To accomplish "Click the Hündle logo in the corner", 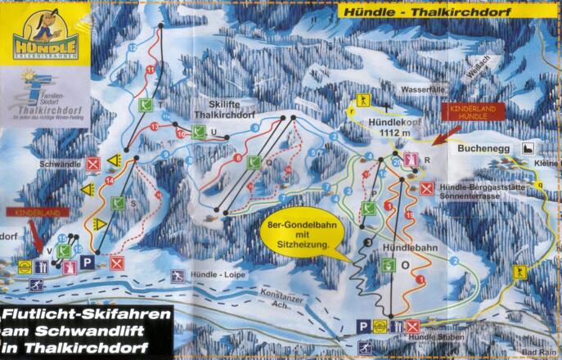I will point(44,37).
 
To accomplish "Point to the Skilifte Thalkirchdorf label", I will point(223,110).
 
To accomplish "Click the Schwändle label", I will point(60,164).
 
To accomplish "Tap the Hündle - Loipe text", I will point(217,276).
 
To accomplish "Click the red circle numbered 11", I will point(150,70).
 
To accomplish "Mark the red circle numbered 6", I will point(238,158).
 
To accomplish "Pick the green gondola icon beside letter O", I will point(388,264).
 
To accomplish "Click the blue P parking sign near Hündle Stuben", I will point(363,325).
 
